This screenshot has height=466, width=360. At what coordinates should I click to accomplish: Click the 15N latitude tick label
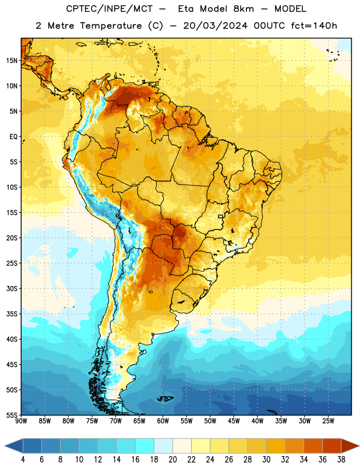tap(12, 61)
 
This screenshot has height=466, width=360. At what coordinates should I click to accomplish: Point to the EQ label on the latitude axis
tap(13, 137)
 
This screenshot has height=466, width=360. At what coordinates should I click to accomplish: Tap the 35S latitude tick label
tap(12, 314)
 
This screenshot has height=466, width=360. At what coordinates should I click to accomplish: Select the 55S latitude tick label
tap(12, 415)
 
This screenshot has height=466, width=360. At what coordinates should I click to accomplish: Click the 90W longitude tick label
tap(21, 421)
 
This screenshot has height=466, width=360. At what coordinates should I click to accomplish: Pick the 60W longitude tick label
tap(163, 421)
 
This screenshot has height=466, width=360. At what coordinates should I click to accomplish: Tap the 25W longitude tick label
tap(328, 421)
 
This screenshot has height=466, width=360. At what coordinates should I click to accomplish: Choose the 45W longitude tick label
tap(234, 421)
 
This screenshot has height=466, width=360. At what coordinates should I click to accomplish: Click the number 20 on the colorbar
tap(172, 459)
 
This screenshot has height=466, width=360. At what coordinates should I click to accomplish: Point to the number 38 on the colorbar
tap(341, 459)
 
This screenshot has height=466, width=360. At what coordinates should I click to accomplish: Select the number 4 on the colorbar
tap(23, 459)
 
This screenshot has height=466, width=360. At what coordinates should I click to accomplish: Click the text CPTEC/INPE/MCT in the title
tap(109, 9)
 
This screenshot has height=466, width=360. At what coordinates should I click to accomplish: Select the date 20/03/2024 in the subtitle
tap(215, 26)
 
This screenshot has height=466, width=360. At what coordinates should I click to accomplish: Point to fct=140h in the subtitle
tap(314, 26)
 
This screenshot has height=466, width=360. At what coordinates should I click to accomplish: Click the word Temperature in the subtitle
tap(111, 26)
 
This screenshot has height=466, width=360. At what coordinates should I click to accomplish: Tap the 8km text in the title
tap(243, 9)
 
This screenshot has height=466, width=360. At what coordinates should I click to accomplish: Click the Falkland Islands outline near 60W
tap(165, 398)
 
